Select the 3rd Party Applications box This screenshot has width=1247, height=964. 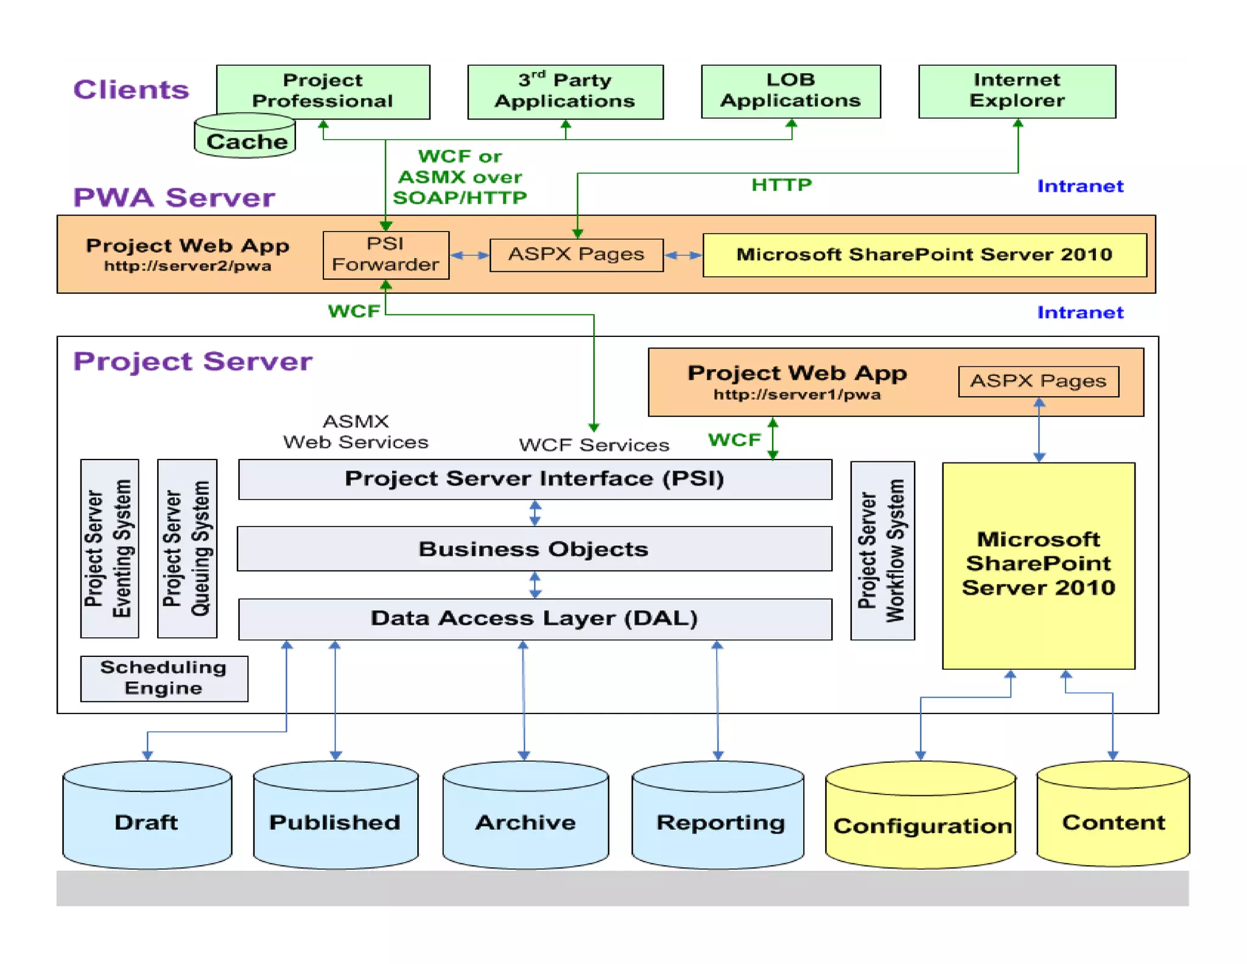point(565,91)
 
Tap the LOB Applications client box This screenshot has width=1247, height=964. point(790,91)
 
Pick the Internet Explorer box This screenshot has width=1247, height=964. point(1017,91)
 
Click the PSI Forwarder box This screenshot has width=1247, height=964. point(385,255)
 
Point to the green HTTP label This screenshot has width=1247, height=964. point(781,185)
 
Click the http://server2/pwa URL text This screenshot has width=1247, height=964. point(188,266)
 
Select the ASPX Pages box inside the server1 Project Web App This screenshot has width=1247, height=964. point(1038,381)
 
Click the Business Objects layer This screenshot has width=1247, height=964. point(534,549)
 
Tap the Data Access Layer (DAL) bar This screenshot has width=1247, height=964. point(534,618)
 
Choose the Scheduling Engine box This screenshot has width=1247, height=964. point(164,678)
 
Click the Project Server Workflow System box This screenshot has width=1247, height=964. point(882,550)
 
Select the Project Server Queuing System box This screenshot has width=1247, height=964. point(187,548)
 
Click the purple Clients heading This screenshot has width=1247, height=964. point(132,90)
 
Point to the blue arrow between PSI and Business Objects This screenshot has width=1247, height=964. point(535,513)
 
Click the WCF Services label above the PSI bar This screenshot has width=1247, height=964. point(594,445)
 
